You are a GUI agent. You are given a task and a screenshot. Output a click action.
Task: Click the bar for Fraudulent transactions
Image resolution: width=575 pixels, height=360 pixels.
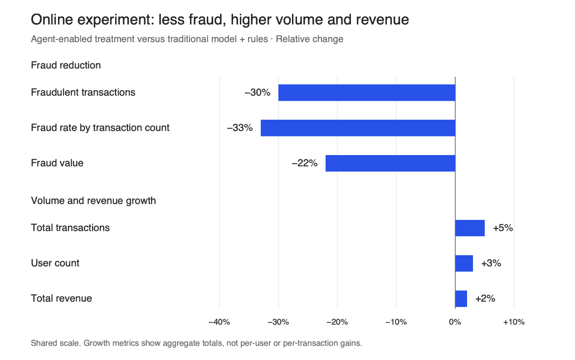click(367, 92)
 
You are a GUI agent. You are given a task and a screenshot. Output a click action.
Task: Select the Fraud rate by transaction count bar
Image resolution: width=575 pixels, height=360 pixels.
click(358, 128)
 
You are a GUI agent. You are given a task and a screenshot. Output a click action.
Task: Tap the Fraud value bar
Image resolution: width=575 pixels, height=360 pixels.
click(390, 163)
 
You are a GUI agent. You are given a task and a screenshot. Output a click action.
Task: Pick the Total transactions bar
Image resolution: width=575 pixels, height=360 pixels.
click(470, 228)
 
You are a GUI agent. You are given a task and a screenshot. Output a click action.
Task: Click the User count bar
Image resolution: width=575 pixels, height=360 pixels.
click(464, 263)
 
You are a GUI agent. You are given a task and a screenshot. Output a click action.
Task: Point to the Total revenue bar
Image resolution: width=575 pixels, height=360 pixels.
click(461, 299)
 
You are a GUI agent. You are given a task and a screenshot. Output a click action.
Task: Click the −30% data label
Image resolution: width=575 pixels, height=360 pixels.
click(258, 92)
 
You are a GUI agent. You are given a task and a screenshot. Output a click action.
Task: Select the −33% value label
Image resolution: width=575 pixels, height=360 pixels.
click(240, 128)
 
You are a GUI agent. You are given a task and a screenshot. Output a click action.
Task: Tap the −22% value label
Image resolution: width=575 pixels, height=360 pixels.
click(305, 163)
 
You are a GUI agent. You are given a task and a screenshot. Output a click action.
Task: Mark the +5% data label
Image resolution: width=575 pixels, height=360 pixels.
click(503, 228)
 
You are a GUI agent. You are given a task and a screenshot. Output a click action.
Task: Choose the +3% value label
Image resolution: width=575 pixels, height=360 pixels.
click(491, 263)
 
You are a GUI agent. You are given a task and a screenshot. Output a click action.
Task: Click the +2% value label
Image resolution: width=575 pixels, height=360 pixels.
click(485, 299)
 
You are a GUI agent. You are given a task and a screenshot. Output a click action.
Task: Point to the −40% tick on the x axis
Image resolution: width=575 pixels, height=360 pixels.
click(219, 322)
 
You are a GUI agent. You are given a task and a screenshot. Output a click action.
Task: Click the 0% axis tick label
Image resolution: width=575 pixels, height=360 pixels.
click(455, 322)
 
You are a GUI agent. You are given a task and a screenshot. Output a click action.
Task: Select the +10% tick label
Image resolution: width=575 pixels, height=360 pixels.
click(514, 322)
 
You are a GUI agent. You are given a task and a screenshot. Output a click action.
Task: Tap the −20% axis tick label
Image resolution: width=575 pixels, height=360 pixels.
click(337, 322)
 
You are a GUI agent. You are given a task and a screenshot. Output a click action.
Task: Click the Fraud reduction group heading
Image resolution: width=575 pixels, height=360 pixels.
click(66, 65)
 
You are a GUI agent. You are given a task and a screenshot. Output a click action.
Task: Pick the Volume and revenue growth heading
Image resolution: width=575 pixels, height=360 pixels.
click(93, 201)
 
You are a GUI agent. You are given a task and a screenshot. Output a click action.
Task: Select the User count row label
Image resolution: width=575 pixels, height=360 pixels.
click(55, 263)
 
